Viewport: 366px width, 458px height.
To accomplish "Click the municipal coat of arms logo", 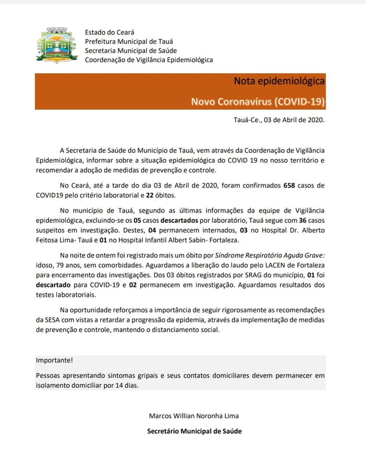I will (57, 45).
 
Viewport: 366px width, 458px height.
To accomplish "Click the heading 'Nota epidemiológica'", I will (279, 81).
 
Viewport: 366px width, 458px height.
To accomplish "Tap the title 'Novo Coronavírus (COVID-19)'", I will (258, 101).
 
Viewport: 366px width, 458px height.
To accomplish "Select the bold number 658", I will (290, 186).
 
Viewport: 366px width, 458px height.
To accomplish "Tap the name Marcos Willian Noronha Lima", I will (194, 416).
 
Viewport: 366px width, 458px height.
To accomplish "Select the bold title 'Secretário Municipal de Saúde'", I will (194, 431).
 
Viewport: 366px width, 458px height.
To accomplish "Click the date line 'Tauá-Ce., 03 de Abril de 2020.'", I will (279, 119).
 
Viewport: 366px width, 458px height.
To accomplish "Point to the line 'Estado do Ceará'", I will (109, 32).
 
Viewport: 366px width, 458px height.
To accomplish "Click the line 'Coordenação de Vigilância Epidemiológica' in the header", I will (149, 60).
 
